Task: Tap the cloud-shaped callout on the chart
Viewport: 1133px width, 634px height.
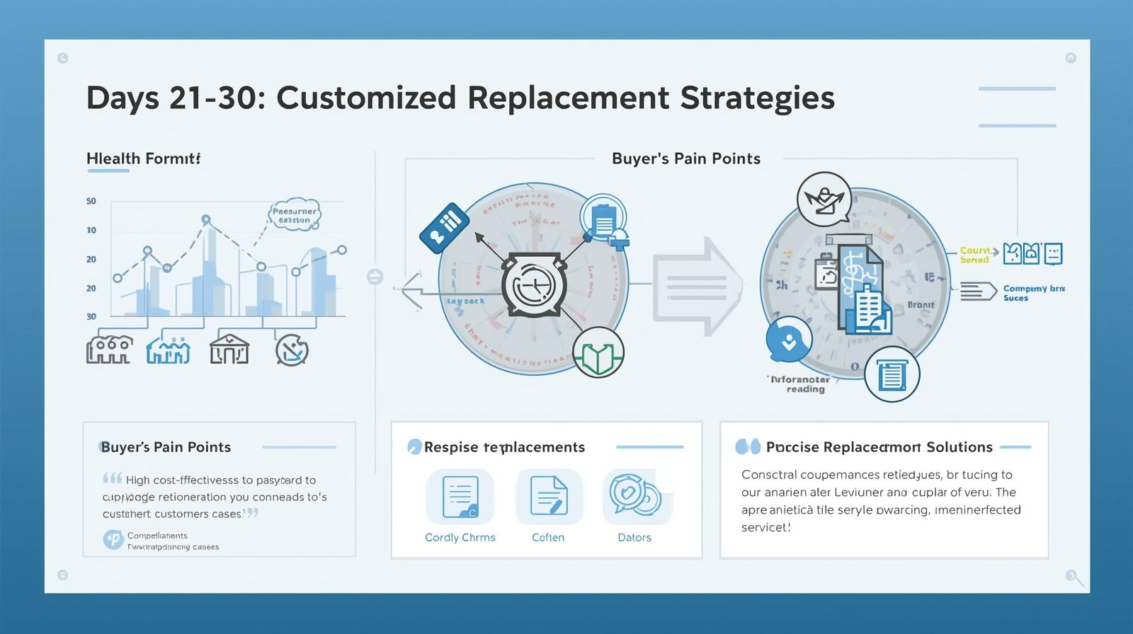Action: (x=295, y=214)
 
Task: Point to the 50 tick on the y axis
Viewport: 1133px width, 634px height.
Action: (x=91, y=201)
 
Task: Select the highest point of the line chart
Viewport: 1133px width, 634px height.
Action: (x=206, y=219)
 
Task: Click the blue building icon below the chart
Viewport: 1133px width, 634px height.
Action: (x=168, y=350)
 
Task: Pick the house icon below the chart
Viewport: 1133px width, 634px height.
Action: (x=229, y=349)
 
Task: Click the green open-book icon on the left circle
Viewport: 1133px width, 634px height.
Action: (x=598, y=352)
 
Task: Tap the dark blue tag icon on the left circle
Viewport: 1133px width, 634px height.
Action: (x=444, y=227)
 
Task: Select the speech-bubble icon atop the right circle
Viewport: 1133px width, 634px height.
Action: (x=824, y=199)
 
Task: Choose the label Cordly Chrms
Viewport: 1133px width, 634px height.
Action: (x=460, y=537)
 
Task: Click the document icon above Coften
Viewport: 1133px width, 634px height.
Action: (x=549, y=496)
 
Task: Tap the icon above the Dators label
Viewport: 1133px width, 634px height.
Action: (x=635, y=496)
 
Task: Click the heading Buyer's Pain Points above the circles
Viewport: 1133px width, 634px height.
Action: (x=685, y=158)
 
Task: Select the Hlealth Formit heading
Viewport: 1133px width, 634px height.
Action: (x=143, y=158)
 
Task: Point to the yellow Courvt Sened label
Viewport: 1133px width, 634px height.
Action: (x=975, y=255)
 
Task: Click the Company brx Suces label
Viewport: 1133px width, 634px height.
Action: (x=1033, y=293)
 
